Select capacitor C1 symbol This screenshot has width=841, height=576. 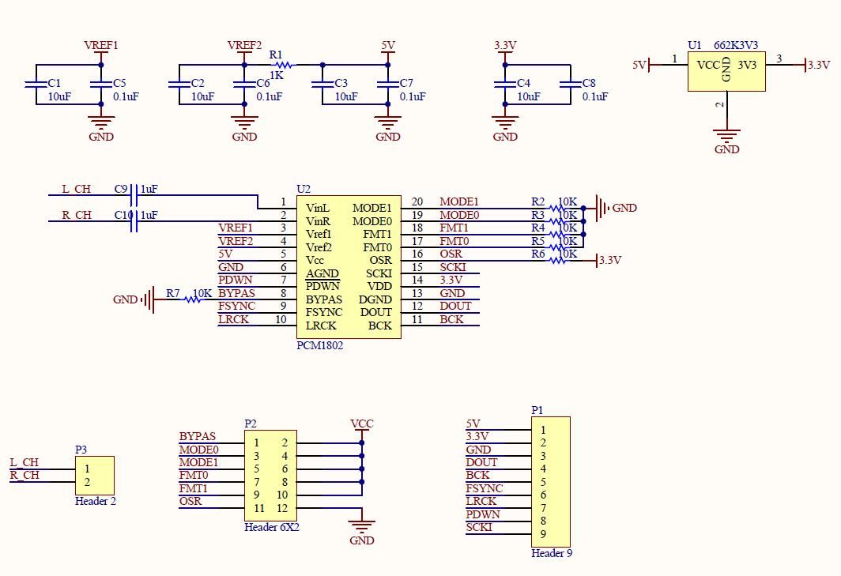point(36,85)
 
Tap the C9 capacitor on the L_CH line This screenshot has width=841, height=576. point(134,195)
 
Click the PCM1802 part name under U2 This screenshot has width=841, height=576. point(319,345)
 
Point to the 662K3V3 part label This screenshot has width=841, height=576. point(735,45)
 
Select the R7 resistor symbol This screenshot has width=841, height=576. point(193,299)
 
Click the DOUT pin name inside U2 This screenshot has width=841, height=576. point(376,312)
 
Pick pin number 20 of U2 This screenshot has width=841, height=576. point(417,201)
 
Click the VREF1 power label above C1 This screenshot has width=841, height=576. point(101,46)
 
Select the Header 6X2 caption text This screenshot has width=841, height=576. point(272,527)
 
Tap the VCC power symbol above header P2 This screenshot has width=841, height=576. point(362,424)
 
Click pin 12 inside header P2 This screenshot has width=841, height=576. point(282,508)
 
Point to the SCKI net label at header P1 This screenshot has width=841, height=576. point(479,527)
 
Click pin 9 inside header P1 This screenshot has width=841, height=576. point(543,534)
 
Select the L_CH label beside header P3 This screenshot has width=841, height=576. point(25,462)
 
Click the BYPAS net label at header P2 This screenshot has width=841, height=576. point(198,437)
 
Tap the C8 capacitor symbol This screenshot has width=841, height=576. point(570,85)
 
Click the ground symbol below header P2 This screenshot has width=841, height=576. point(362,525)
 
